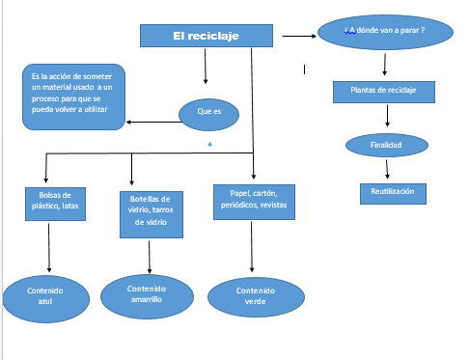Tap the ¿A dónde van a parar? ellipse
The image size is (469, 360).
click(384, 33)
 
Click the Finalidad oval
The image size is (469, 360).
click(385, 145)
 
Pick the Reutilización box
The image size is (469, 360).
click(392, 192)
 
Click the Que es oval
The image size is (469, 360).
click(208, 113)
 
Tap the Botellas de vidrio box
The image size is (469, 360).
click(149, 212)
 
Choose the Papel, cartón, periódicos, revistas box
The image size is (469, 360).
click(252, 198)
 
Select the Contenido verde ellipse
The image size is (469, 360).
click(255, 296)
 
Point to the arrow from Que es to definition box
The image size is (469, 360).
click(152, 122)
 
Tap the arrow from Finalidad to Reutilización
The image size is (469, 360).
click(387, 169)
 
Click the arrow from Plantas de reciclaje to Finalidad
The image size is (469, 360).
click(387, 117)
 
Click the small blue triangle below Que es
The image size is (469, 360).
click(210, 144)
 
